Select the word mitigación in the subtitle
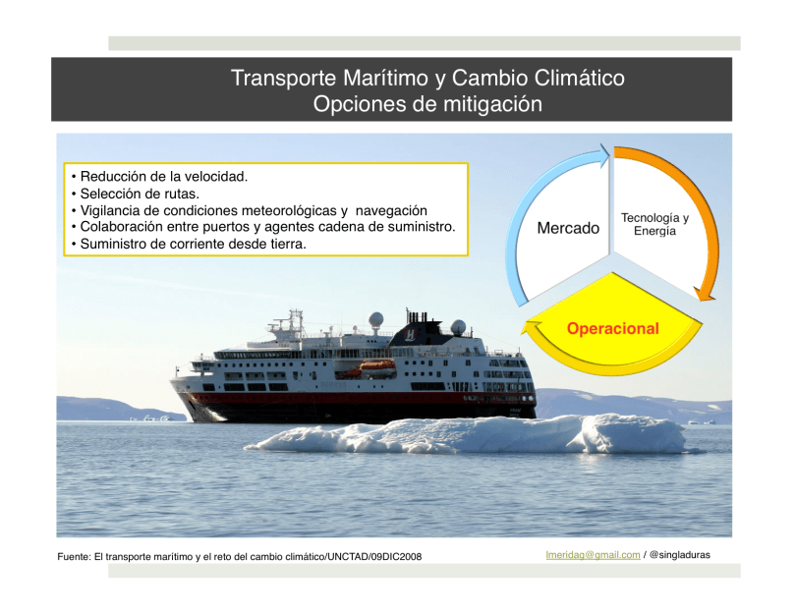(x=492, y=104)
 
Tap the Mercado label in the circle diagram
(x=568, y=228)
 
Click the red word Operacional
(x=612, y=328)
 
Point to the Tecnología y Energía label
(x=654, y=224)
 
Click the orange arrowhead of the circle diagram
(x=705, y=293)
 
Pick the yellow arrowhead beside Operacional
(x=531, y=329)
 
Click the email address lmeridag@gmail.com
(x=593, y=555)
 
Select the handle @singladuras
(x=679, y=555)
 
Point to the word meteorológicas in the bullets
(x=289, y=210)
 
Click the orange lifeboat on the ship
(x=376, y=366)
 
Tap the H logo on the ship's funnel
(x=410, y=335)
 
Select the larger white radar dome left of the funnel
(x=375, y=320)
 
